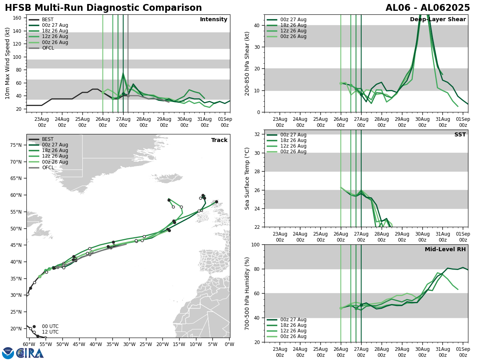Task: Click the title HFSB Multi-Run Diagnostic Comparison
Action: pyautogui.click(x=103, y=8)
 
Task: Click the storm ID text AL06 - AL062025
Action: pyautogui.click(x=428, y=8)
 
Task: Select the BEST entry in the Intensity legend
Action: pyautogui.click(x=48, y=20)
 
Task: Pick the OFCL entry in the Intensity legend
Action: pyautogui.click(x=48, y=48)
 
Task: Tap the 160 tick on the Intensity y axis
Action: pyautogui.click(x=18, y=18)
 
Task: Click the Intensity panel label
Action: pyautogui.click(x=214, y=20)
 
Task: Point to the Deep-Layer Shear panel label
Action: pyautogui.click(x=438, y=20)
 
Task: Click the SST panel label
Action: pyautogui.click(x=460, y=135)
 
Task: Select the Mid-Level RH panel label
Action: pyautogui.click(x=445, y=250)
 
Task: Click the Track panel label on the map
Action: pyautogui.click(x=219, y=140)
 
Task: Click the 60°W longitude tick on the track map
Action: pyautogui.click(x=28, y=344)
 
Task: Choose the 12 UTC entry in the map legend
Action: pyautogui.click(x=50, y=332)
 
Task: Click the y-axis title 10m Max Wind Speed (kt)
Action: pyautogui.click(x=8, y=63)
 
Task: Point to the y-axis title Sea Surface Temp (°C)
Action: pyautogui.click(x=247, y=178)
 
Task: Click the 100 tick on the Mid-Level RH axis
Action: pyautogui.click(x=256, y=244)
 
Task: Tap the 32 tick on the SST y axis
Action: pyautogui.click(x=258, y=134)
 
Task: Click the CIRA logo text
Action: pyautogui.click(x=30, y=353)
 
